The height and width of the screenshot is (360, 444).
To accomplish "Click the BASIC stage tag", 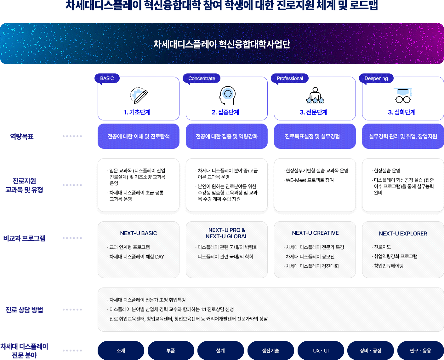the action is coord(107,78).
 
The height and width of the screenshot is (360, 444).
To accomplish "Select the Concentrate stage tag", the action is coord(202,78).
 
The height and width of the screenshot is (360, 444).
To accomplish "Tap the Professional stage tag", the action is coord(290,78).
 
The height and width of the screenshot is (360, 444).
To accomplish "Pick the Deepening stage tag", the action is coord(376,78).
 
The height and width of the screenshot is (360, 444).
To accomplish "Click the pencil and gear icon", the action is coord(139,96).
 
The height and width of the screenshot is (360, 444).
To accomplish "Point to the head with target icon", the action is coord(227,96).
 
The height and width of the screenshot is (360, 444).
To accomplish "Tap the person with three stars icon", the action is coord(315,96).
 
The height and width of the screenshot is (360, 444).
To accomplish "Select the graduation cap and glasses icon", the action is coord(403,96).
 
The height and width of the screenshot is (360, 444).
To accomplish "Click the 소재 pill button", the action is coord(121,351).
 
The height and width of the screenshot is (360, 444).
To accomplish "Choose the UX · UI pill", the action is coord(321,351).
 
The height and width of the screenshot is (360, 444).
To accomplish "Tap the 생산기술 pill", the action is coord(271,351).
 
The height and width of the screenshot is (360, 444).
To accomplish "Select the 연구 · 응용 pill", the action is coord(420,351).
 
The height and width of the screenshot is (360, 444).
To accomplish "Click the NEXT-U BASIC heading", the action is coord(139,233).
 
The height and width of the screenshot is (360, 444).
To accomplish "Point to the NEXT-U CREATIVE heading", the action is coord(315,233).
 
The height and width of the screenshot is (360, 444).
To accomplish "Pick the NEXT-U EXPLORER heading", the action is coord(403,234).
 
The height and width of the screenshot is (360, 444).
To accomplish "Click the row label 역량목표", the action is coord(22,136).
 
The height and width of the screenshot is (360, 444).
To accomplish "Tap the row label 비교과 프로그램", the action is coord(24,238).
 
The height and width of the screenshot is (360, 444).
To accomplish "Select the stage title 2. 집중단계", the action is coord(225,112).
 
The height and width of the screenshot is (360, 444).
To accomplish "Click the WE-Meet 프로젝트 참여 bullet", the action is coord(309,180).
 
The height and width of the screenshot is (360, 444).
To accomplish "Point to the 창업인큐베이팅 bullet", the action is coord(388,266).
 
